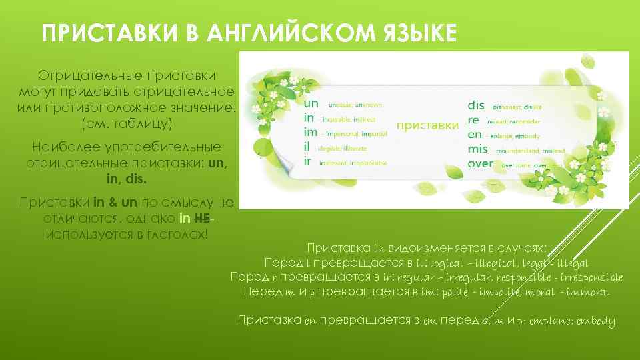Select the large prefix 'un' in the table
pyautogui.click(x=311, y=104)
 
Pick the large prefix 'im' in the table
pyautogui.click(x=311, y=133)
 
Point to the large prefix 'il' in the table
pyautogui.click(x=308, y=148)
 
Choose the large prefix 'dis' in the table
pyautogui.click(x=477, y=105)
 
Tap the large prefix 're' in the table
pyautogui.click(x=474, y=120)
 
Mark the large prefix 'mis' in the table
pyautogui.click(x=478, y=149)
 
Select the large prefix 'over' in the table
pyautogui.click(x=481, y=163)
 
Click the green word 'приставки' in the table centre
pyautogui.click(x=428, y=125)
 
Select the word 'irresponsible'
pyautogui.click(x=587, y=277)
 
